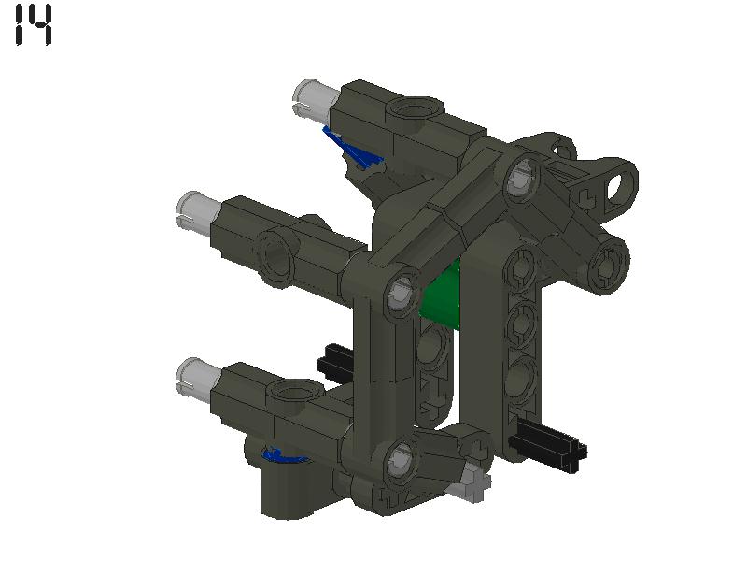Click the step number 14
click(x=35, y=24)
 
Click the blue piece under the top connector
click(x=351, y=148)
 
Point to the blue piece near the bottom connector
click(x=280, y=455)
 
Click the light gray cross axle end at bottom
click(x=471, y=483)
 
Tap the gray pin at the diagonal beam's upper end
click(x=520, y=178)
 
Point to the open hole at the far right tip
click(x=617, y=185)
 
